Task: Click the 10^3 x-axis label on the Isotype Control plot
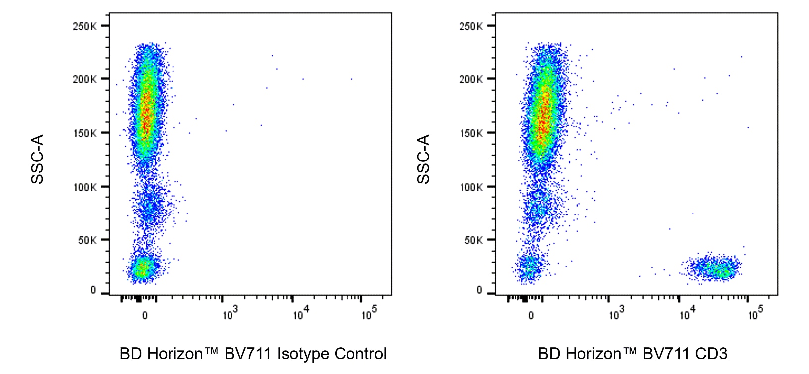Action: pyautogui.click(x=230, y=314)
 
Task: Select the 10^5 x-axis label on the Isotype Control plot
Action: pyautogui.click(x=369, y=314)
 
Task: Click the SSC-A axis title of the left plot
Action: pyautogui.click(x=38, y=159)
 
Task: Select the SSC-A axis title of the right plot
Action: pyautogui.click(x=423, y=159)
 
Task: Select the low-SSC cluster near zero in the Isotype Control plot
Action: pyautogui.click(x=143, y=268)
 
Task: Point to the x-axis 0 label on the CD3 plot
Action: pyautogui.click(x=531, y=315)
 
